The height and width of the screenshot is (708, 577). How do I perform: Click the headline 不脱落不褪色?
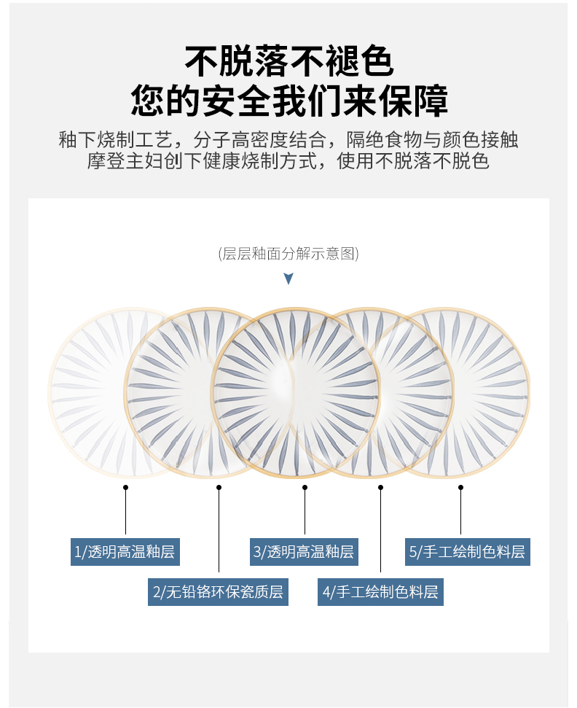click(x=289, y=61)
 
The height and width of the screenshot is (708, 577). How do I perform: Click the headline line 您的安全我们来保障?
click(x=289, y=101)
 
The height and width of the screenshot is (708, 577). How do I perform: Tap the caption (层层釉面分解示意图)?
click(x=288, y=254)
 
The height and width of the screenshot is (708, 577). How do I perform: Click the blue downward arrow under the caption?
click(x=288, y=279)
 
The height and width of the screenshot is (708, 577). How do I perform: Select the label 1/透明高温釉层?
click(x=125, y=552)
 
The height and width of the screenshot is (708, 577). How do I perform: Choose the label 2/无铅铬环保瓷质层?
click(x=218, y=591)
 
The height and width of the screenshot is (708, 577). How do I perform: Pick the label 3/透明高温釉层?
click(x=304, y=552)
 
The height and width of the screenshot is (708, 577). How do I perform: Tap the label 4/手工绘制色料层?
click(x=380, y=591)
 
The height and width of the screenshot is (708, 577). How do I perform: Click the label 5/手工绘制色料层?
click(x=467, y=552)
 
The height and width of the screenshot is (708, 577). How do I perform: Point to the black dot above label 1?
click(x=125, y=487)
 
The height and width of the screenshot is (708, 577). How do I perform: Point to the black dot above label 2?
click(x=219, y=487)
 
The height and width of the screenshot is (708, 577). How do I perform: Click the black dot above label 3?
click(x=305, y=487)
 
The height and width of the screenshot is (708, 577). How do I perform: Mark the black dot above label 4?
click(x=380, y=487)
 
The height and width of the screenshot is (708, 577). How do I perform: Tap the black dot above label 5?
click(x=460, y=487)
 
